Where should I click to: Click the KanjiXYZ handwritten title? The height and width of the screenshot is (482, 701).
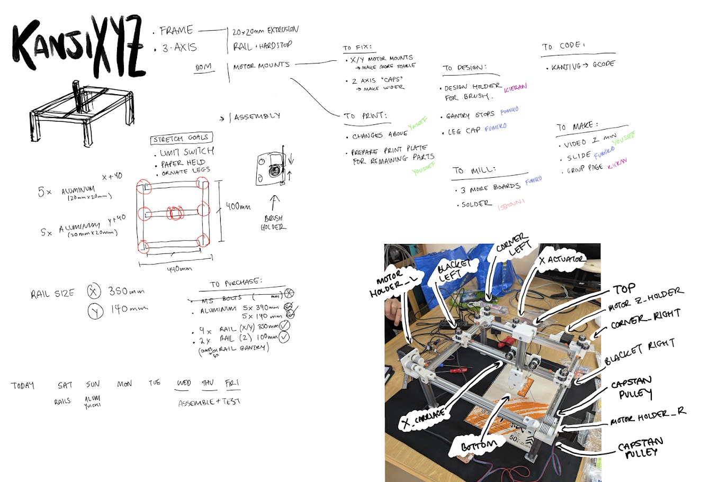click(x=78, y=49)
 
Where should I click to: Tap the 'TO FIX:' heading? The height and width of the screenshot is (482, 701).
click(x=357, y=47)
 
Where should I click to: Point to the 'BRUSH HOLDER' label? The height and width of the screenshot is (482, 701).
click(x=273, y=222)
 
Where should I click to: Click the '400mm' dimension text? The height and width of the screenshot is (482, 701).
click(x=238, y=206)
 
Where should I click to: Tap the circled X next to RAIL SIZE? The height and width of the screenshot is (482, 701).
click(x=94, y=292)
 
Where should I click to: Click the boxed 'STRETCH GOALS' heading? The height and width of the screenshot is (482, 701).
click(x=182, y=139)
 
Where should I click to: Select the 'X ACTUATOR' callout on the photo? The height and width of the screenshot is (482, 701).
click(x=562, y=260)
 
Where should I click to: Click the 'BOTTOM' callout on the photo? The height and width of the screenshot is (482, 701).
click(x=478, y=446)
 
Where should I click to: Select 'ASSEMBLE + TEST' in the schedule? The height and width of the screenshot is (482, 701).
click(x=209, y=402)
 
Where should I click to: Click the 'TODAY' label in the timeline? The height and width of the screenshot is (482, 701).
click(x=23, y=385)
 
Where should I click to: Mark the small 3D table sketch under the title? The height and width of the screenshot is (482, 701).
click(x=81, y=112)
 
